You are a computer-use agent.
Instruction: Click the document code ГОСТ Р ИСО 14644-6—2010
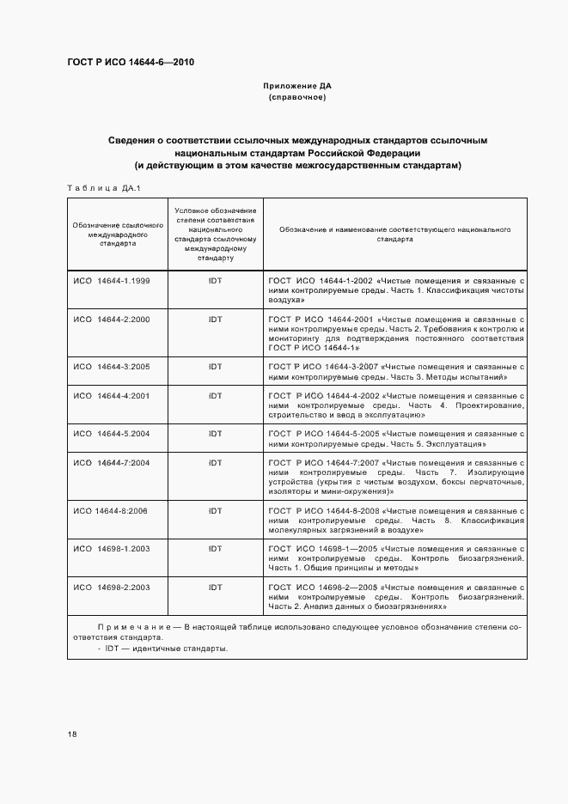(x=125, y=63)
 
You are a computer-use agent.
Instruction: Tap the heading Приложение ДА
(x=296, y=87)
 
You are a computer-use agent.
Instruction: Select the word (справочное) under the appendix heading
(x=296, y=98)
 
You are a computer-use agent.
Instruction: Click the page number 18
(x=72, y=734)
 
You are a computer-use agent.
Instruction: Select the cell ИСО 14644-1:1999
(x=112, y=281)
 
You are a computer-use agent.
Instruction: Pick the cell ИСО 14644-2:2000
(x=112, y=319)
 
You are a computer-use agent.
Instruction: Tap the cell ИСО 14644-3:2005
(x=112, y=366)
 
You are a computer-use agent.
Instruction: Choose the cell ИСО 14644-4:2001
(x=112, y=395)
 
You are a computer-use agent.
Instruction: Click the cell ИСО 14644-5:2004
(x=112, y=434)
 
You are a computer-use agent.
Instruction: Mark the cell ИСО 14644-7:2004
(x=112, y=463)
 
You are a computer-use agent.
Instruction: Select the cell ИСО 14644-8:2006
(x=111, y=510)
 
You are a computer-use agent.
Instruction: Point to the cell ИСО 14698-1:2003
(x=112, y=548)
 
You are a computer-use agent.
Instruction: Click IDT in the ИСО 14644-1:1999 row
(x=215, y=281)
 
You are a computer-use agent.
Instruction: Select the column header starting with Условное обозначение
(x=215, y=234)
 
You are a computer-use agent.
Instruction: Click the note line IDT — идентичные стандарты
(x=163, y=649)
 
